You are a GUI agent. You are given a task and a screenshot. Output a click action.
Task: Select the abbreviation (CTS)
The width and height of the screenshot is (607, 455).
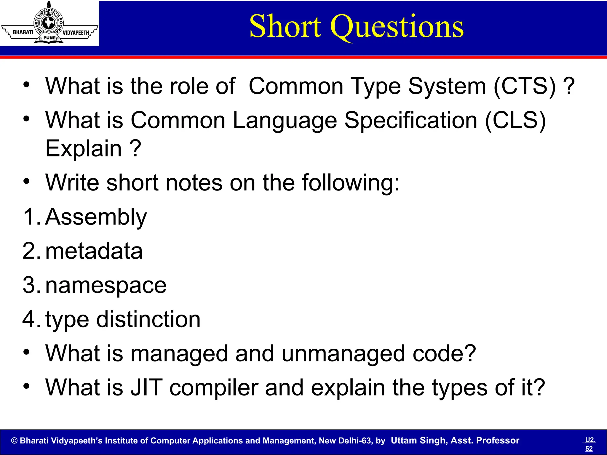525,86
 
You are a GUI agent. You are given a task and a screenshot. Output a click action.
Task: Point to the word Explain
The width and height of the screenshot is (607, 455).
84,148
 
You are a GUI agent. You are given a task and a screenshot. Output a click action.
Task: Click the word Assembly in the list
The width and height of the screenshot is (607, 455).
96,217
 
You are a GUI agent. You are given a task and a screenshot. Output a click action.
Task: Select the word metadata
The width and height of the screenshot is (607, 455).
94,251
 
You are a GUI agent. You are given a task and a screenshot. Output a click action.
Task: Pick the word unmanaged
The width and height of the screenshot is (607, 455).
343,353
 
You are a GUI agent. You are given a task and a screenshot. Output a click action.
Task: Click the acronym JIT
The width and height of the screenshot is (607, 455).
146,387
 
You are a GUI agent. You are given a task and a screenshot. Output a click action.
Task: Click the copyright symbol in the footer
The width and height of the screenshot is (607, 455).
14,441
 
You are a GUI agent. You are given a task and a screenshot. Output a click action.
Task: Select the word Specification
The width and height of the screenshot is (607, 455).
410,121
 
